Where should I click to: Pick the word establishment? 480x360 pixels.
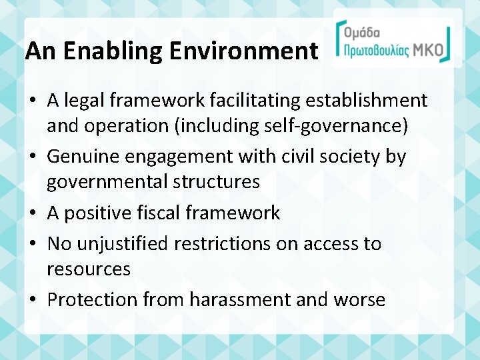click(371, 101)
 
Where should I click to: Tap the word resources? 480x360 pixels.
click(88, 269)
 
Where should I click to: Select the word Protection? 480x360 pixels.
click(91, 300)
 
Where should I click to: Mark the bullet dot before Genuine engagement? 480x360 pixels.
click(31, 157)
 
